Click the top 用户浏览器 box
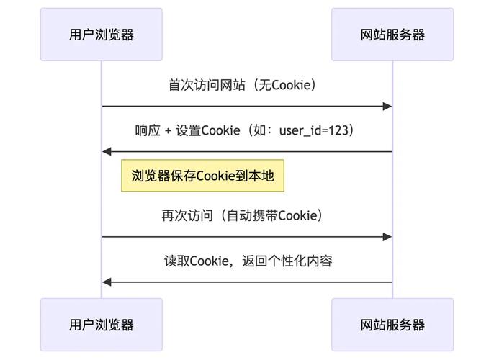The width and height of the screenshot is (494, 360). tap(102, 35)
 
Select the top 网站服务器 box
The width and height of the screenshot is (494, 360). tap(392, 35)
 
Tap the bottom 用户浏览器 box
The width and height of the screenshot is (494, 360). tap(102, 325)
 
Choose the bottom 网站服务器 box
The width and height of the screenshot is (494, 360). tap(392, 325)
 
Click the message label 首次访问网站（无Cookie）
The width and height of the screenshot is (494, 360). tap(242, 85)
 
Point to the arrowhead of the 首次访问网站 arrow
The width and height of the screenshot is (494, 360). tap(387, 107)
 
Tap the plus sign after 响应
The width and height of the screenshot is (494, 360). tap(169, 130)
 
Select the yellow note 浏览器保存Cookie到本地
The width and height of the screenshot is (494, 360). tap(202, 176)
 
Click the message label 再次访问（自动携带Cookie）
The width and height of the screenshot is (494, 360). tap(242, 215)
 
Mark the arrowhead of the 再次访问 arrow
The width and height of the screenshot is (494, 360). tap(387, 237)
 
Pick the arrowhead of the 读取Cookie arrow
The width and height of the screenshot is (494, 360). tap(107, 282)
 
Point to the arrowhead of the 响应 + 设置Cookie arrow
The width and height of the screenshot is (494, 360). tap(107, 152)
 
